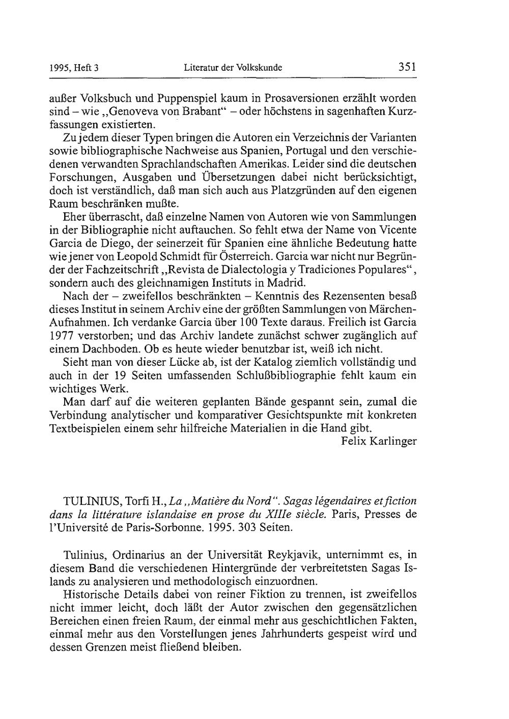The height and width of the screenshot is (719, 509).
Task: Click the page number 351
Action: [x=407, y=67]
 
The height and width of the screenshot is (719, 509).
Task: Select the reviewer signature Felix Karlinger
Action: [x=379, y=441]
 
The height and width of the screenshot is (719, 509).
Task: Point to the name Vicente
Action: [x=398, y=230]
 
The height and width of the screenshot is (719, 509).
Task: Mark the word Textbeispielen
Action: [x=86, y=428]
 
